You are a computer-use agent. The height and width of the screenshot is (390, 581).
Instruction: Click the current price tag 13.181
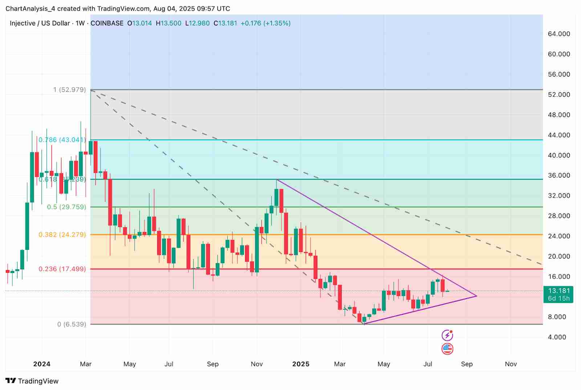(559, 291)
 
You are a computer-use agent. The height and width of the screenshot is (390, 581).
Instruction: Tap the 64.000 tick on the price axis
(559, 34)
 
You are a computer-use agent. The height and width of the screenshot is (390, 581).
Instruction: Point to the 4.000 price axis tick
(557, 337)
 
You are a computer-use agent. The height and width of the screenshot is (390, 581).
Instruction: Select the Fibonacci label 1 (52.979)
(70, 90)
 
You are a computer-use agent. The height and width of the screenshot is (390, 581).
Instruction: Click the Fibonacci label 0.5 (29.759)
(67, 207)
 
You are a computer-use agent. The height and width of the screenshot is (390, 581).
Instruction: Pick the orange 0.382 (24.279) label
(62, 235)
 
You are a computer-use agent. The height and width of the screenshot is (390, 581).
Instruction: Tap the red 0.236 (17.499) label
(62, 269)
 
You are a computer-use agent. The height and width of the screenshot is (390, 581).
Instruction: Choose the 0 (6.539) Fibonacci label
(72, 324)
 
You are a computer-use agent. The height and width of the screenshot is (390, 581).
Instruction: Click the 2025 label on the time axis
(301, 364)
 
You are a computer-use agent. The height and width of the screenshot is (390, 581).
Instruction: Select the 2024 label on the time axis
(42, 364)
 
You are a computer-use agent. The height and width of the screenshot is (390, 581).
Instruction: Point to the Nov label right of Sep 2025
(511, 364)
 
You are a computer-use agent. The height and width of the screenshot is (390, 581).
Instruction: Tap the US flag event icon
(447, 349)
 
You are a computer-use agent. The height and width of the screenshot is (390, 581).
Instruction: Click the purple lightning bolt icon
(447, 335)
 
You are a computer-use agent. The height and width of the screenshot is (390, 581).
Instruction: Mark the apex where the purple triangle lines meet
(476, 296)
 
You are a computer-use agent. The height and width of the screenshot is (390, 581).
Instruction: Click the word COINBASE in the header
(107, 23)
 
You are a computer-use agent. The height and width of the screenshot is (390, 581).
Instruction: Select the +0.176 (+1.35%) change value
(265, 23)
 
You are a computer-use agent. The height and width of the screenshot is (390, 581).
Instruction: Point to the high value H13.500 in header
(168, 23)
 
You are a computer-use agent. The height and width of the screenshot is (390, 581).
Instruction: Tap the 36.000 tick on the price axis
(559, 175)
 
